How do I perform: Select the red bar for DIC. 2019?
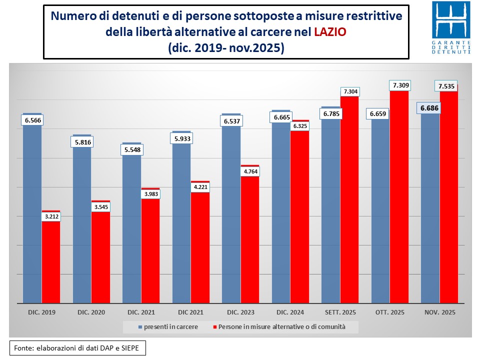[50, 260]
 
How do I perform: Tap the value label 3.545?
[100, 206]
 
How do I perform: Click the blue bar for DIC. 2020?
[82, 225]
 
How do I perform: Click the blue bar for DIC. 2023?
[231, 215]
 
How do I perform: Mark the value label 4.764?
[250, 171]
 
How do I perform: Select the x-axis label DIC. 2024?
[290, 312]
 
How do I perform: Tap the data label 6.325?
[299, 126]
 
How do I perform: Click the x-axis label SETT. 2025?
[340, 312]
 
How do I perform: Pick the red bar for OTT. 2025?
[399, 200]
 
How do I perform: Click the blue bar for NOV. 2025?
[430, 210]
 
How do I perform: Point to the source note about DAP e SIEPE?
[77, 347]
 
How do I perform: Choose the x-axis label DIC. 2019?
[42, 312]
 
